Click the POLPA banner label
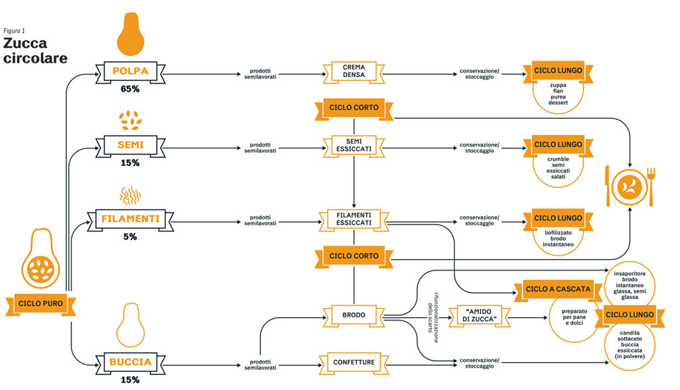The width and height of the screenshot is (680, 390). pos(130,72)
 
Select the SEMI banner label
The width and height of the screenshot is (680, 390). pos(130,145)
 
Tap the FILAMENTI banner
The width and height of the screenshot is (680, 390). pos(130,219)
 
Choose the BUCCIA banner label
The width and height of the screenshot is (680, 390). pos(130,362)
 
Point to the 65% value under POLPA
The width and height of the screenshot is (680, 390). pos(130,89)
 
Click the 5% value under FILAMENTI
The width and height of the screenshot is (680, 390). pos(130,237)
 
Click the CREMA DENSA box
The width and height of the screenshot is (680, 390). pos(354,72)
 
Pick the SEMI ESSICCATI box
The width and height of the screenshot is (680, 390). pos(354,146)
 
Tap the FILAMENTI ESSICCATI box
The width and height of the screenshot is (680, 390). pos(354,219)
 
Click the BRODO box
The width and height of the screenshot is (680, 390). pos(354,315)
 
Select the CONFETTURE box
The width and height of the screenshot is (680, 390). pos(354,362)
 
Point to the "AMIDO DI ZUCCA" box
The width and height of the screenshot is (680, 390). pos(479,316)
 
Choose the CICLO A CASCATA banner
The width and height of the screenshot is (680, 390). pos(558,289)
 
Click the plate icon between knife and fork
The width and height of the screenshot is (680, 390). pos(629,188)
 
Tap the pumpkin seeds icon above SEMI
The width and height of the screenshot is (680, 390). pos(131,120)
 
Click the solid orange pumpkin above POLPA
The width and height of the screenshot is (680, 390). pos(131,34)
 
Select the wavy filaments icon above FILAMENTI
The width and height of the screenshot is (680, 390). pos(131,196)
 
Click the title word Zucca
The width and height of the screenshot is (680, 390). pos(25,43)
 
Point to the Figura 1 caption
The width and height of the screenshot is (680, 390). pos(14,31)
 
